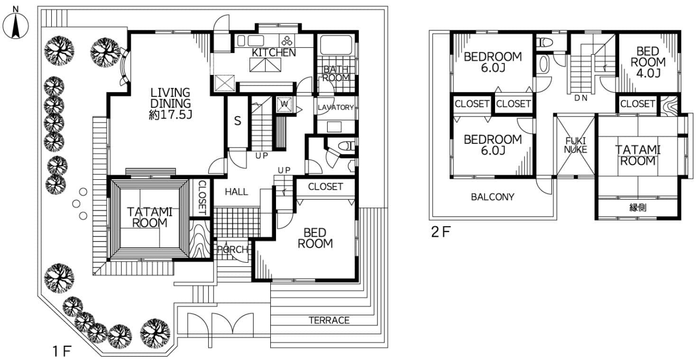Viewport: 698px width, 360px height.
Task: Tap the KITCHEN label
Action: [274, 53]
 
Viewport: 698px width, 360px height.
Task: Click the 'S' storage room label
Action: [238, 121]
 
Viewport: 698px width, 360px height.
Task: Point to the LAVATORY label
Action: [336, 108]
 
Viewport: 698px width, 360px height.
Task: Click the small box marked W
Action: [285, 104]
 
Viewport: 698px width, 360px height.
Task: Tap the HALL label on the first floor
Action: [236, 192]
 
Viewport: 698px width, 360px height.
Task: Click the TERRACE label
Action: [329, 320]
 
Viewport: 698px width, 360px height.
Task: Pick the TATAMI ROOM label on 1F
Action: [147, 218]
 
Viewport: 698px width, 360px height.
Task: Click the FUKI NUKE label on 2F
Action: [575, 145]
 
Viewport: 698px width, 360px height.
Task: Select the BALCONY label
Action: [492, 197]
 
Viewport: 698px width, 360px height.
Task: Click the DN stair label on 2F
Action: [581, 99]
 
